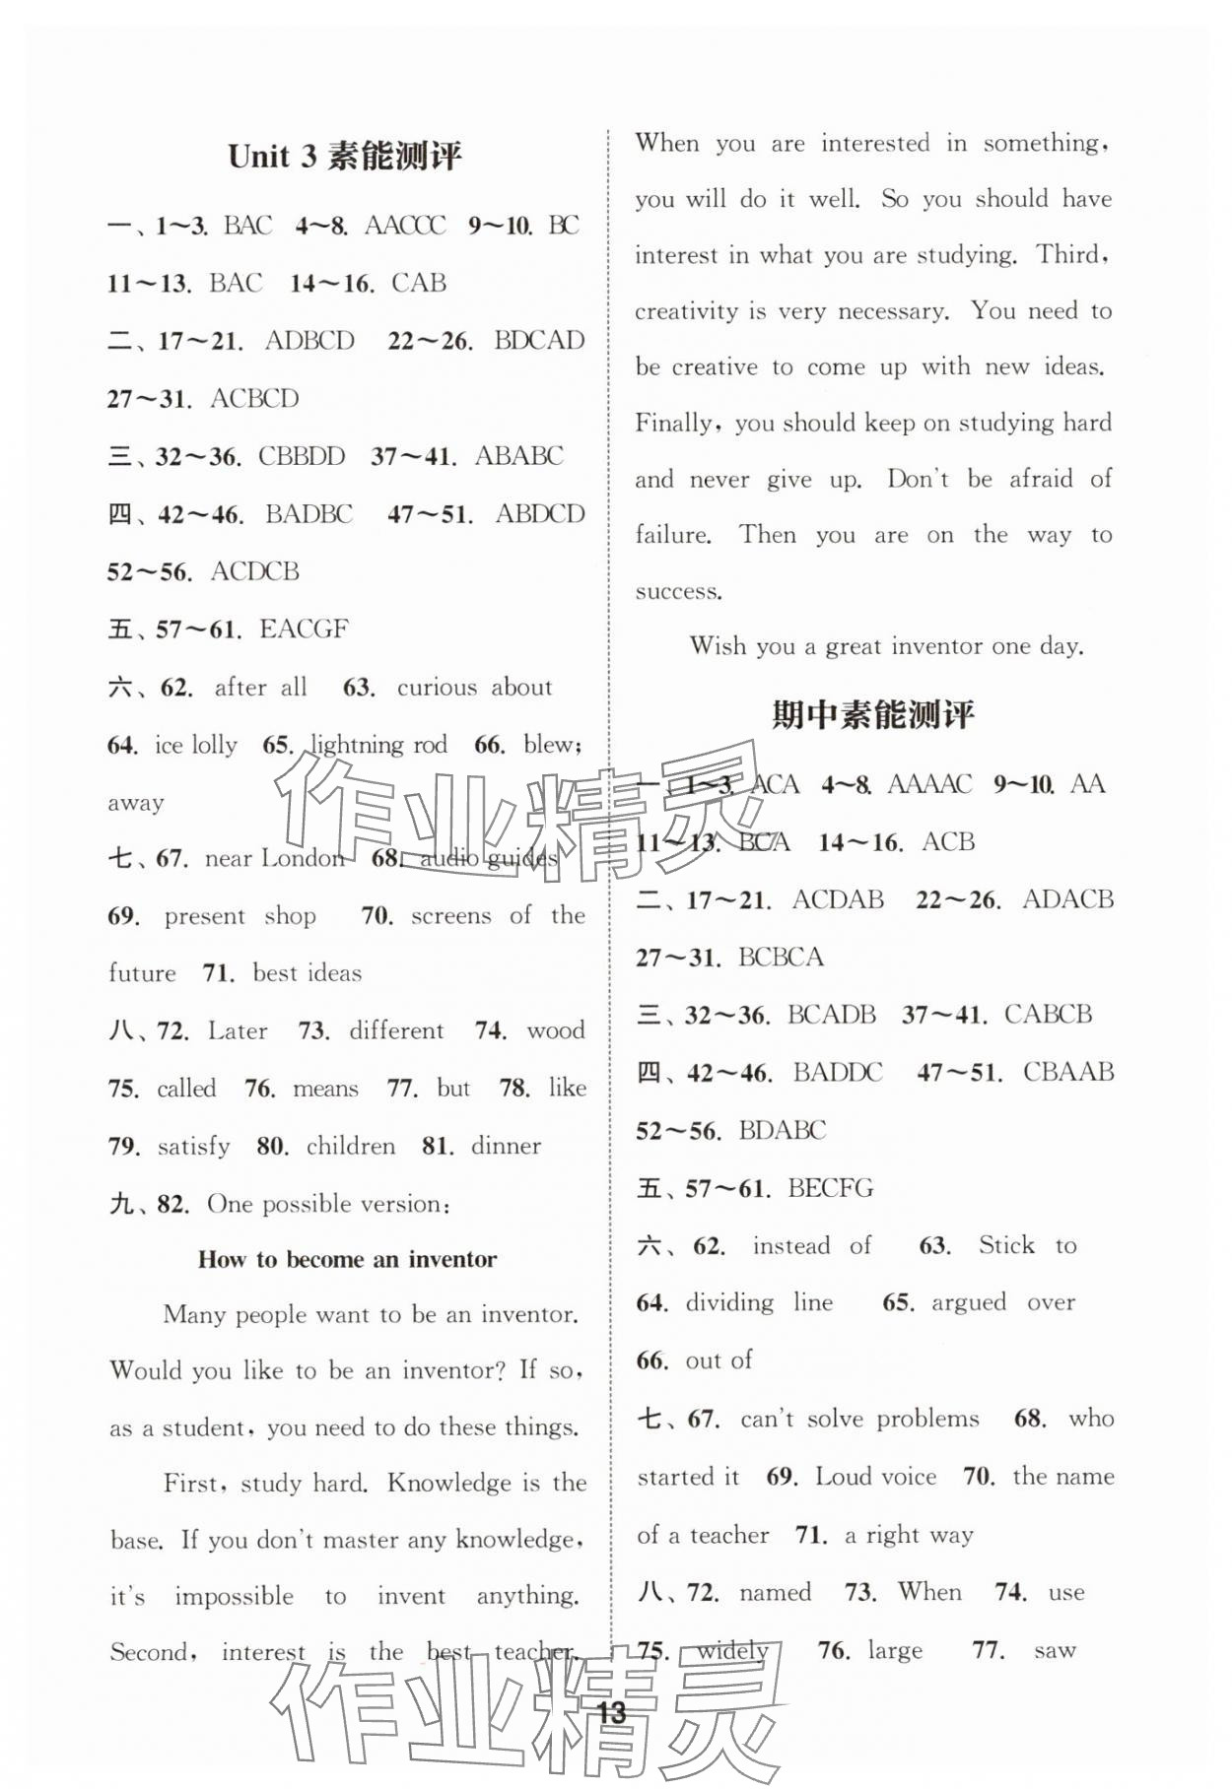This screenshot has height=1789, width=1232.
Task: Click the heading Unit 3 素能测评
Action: click(345, 157)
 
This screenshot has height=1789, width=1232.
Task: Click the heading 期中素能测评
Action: click(872, 714)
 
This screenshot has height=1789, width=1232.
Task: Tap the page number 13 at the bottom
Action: click(612, 1712)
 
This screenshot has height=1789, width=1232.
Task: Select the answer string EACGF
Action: click(304, 629)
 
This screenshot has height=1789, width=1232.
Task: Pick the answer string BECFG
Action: click(831, 1188)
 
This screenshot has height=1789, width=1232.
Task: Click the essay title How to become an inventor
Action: click(347, 1259)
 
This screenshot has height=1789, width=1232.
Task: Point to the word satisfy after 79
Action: click(193, 1147)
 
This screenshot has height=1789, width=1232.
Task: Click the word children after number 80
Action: click(350, 1147)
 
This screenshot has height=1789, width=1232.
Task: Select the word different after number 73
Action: click(396, 1031)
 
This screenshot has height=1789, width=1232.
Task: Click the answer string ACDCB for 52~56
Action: click(254, 572)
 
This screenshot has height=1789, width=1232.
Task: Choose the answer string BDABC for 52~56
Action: click(782, 1131)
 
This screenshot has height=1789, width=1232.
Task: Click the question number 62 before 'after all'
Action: click(175, 688)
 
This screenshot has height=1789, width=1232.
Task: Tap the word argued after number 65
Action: click(969, 1303)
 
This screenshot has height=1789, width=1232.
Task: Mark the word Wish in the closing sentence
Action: click(718, 646)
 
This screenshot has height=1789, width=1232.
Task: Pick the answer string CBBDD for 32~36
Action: click(302, 457)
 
